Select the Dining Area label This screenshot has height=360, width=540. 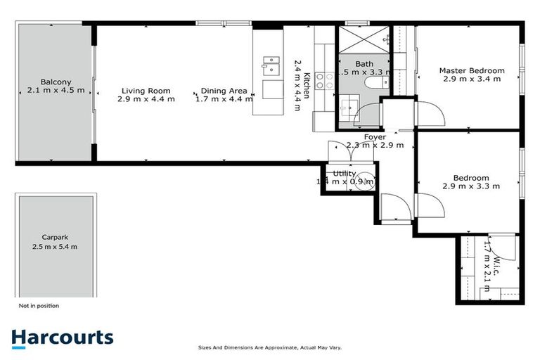223,91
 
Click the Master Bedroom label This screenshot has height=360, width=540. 472,70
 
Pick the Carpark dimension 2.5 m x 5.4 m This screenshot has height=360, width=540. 55,247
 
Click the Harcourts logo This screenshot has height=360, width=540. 62,337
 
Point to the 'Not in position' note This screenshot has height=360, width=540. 39,306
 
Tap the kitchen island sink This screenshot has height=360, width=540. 271,67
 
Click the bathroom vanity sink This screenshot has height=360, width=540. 347,108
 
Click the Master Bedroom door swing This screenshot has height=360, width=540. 429,112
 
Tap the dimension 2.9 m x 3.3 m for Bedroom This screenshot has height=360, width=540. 471,186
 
